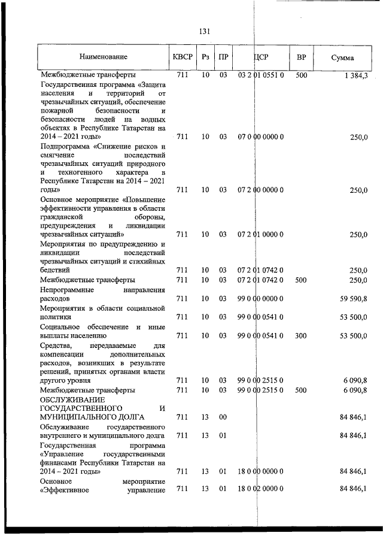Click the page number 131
pyautogui.click(x=203, y=32)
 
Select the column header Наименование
pyautogui.click(x=104, y=57)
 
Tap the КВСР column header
pyautogui.click(x=181, y=57)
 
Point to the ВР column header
pyautogui.click(x=302, y=57)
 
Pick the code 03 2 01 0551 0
pyautogui.click(x=260, y=75)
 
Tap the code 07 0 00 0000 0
pyautogui.click(x=260, y=137)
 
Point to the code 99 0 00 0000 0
pyautogui.click(x=260, y=298)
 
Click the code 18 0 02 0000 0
pyautogui.click(x=260, y=490)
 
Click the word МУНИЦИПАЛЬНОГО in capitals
pyautogui.click(x=77, y=417)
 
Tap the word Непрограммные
pyautogui.click(x=66, y=290)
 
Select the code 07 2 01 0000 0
pyautogui.click(x=260, y=235)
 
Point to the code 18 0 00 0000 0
pyautogui.click(x=260, y=471)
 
